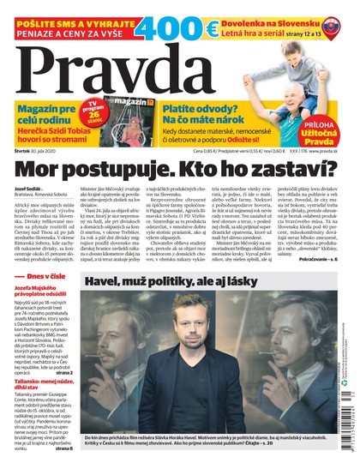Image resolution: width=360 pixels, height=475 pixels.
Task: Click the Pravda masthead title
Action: point(129,64)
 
